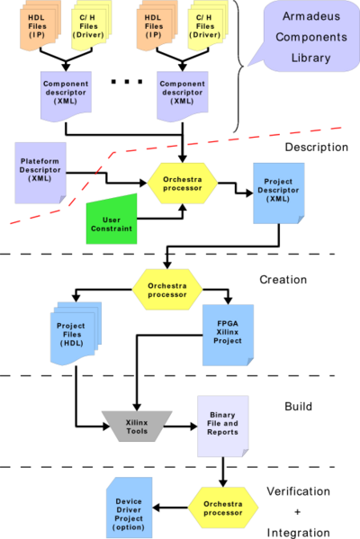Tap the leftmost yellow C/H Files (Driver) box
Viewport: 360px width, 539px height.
pyautogui.click(x=89, y=27)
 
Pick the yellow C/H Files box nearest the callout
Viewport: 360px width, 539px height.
pyautogui.click(x=206, y=27)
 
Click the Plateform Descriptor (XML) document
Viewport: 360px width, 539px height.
pyautogui.click(x=39, y=170)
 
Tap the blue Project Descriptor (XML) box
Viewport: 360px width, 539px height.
pyautogui.click(x=278, y=193)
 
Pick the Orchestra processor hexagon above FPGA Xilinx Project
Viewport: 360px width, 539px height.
pyautogui.click(x=166, y=289)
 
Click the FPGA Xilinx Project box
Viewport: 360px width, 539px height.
pyautogui.click(x=228, y=334)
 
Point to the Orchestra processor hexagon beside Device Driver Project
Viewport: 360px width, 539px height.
pyautogui.click(x=222, y=508)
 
